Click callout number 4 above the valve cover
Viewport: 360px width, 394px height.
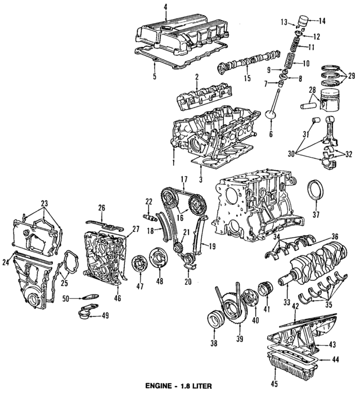click(x=165, y=7)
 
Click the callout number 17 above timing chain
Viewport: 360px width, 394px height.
click(x=184, y=179)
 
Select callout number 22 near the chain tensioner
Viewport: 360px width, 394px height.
click(x=149, y=202)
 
